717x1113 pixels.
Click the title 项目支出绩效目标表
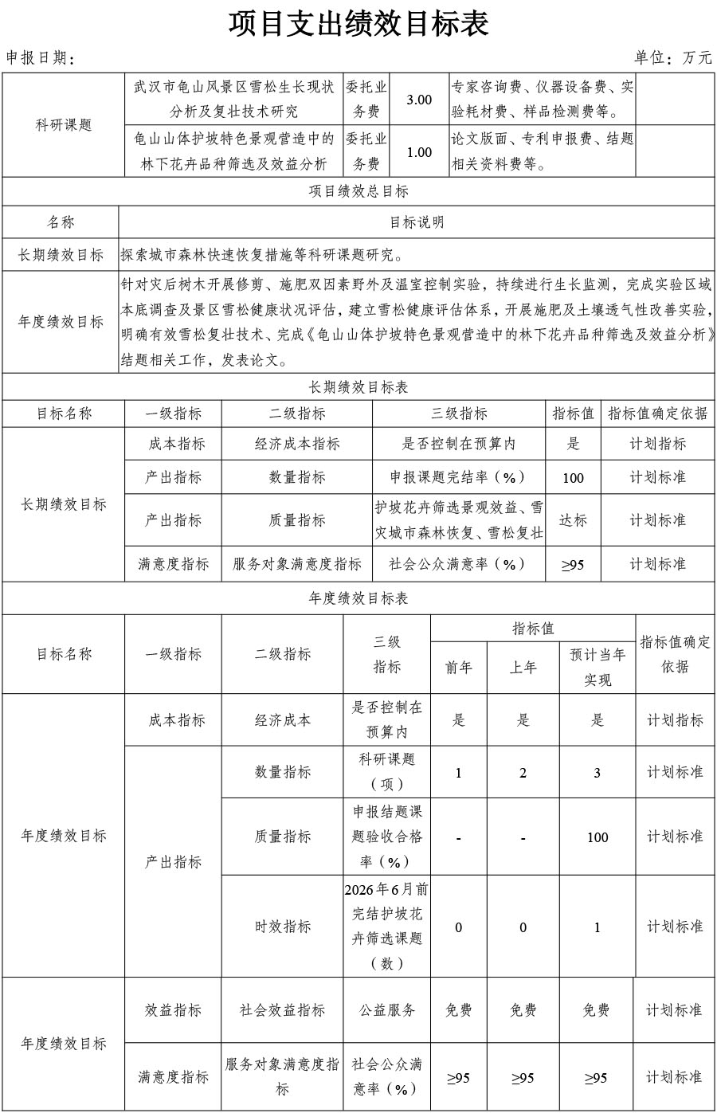click(x=358, y=23)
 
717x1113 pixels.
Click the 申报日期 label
click(x=40, y=58)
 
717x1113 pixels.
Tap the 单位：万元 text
click(x=673, y=57)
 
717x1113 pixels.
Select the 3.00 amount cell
click(x=419, y=100)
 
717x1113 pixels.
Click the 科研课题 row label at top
click(x=64, y=125)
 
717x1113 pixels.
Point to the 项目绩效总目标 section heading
click(x=358, y=191)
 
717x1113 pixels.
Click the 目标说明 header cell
click(x=417, y=222)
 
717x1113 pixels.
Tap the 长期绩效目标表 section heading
click(x=358, y=387)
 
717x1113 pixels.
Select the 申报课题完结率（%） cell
click(x=458, y=477)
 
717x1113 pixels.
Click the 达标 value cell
click(x=573, y=519)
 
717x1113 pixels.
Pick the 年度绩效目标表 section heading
click(x=358, y=598)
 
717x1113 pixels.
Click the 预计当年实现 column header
click(x=597, y=667)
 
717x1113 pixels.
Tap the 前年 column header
click(x=458, y=668)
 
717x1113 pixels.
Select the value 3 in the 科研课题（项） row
click(x=597, y=773)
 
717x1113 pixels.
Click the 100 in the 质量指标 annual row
click(x=597, y=837)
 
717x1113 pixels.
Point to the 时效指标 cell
click(x=283, y=927)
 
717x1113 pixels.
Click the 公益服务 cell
click(x=387, y=1010)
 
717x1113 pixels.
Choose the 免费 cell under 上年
click(x=523, y=1010)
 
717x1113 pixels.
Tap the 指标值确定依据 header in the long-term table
click(x=657, y=413)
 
